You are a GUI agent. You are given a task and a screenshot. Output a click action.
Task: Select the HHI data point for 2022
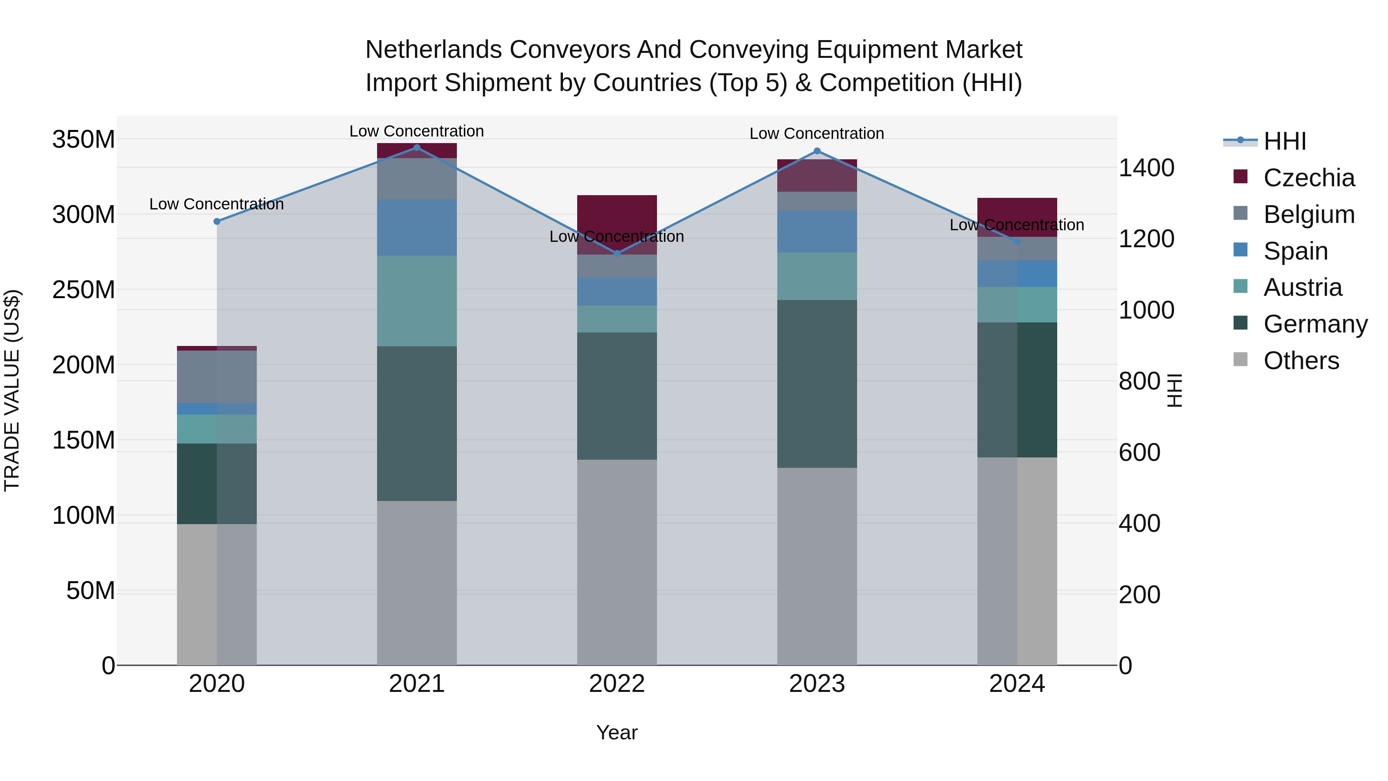click(x=617, y=253)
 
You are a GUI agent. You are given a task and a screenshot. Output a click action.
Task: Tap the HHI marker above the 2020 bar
click(x=217, y=221)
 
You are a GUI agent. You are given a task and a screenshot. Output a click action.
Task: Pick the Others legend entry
click(x=1301, y=361)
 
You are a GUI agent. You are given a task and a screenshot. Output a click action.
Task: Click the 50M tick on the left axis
click(x=90, y=591)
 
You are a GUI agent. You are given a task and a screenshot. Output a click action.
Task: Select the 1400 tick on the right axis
click(x=1146, y=168)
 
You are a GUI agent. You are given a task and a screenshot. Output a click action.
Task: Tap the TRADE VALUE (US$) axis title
click(x=12, y=390)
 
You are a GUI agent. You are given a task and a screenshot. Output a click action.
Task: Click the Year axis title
click(x=617, y=732)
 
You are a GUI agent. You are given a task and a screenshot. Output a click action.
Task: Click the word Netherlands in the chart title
click(x=434, y=50)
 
